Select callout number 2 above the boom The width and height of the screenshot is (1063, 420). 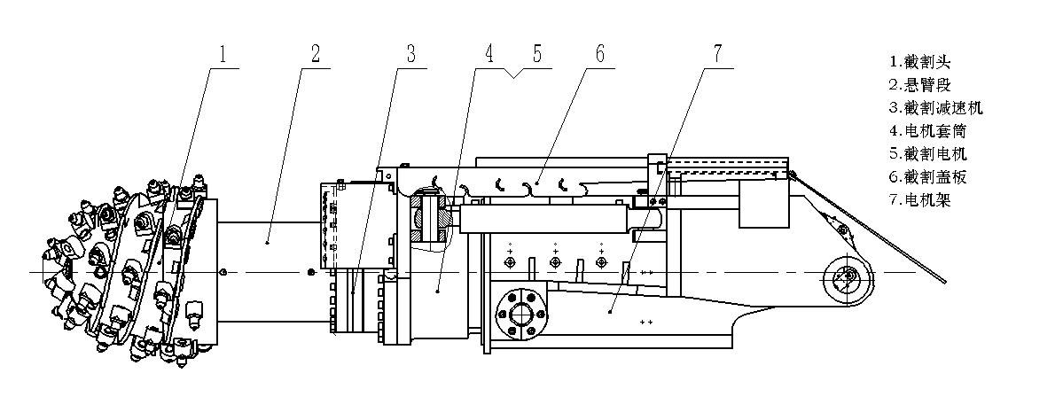(316, 54)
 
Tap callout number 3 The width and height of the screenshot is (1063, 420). (410, 54)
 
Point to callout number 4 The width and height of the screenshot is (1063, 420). (489, 54)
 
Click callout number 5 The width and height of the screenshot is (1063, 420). (536, 54)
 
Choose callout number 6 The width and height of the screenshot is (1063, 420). (599, 54)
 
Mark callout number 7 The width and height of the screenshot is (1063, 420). (718, 53)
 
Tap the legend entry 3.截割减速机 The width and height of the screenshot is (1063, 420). (935, 108)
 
